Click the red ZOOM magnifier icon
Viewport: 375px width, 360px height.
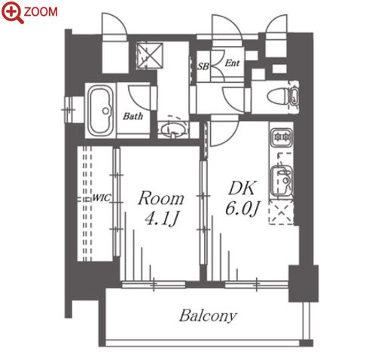[13, 12]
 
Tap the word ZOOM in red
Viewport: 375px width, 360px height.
[41, 12]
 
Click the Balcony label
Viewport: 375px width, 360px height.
[208, 316]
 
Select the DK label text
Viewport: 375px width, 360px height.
[242, 188]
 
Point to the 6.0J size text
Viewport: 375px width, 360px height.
[242, 209]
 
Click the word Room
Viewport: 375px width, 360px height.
[161, 198]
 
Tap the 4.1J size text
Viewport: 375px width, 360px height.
[162, 219]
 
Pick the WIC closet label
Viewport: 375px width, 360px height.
[102, 198]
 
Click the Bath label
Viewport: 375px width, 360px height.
[133, 116]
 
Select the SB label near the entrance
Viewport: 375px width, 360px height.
[203, 66]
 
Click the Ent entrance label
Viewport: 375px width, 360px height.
[232, 63]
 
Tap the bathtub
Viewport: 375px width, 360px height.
[101, 111]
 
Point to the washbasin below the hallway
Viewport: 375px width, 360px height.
[173, 130]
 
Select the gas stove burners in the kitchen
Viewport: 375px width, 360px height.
[282, 137]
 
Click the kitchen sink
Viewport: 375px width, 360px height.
[282, 180]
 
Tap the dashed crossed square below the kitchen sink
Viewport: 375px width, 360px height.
[281, 212]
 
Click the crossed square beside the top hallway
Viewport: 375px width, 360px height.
[150, 56]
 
